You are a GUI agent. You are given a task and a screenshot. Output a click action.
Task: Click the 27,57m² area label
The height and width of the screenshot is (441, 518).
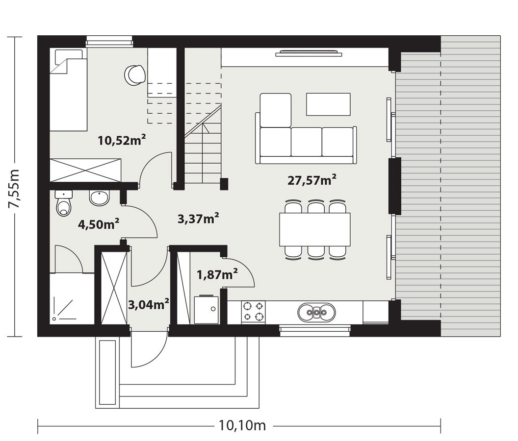312,180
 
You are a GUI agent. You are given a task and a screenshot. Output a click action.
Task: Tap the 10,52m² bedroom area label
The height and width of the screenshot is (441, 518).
122,140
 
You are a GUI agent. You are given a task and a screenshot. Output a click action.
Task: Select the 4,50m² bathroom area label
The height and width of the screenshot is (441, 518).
99,224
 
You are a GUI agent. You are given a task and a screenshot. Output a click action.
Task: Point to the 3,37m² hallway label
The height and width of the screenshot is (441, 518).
198,218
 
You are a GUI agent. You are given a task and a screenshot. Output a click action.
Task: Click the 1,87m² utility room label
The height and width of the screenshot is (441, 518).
217,274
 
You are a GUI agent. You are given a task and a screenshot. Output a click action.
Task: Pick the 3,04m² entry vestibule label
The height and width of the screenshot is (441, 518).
149,304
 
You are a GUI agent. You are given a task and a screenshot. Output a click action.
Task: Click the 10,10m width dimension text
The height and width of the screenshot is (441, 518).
242,425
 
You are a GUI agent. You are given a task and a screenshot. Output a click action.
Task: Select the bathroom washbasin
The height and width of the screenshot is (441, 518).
99,198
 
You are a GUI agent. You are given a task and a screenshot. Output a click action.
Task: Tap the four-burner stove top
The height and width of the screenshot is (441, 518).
254,312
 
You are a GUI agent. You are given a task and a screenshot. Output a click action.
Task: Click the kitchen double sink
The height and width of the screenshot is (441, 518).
316,312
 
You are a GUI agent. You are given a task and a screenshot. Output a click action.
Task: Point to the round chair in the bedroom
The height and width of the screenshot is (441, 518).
135,74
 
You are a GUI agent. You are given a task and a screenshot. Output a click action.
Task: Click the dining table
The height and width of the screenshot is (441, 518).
315,229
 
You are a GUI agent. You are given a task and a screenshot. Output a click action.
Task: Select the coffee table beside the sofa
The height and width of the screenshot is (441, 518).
328,104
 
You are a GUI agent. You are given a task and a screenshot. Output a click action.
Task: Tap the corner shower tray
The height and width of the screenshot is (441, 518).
72,298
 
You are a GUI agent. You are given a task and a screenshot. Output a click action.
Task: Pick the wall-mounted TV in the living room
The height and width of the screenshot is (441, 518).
309,53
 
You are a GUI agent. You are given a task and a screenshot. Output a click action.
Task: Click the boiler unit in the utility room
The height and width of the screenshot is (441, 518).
207,310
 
